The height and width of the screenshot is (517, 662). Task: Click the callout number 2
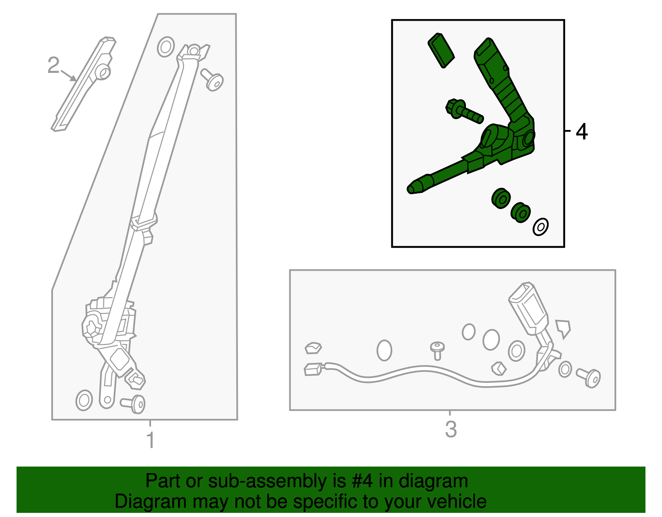(53, 65)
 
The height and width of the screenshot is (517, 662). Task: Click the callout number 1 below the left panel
(151, 440)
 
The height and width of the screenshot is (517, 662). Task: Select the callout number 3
(451, 429)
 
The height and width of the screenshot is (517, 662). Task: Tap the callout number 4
(582, 132)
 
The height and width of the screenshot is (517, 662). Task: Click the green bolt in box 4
(464, 111)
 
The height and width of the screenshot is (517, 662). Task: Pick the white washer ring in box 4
(540, 227)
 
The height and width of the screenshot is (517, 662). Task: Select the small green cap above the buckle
(441, 50)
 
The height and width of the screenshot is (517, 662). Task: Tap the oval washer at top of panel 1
(166, 47)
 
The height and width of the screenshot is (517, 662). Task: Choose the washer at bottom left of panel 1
(84, 400)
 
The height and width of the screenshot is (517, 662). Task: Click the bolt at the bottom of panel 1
(133, 404)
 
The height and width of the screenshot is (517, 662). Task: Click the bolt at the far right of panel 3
(589, 378)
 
